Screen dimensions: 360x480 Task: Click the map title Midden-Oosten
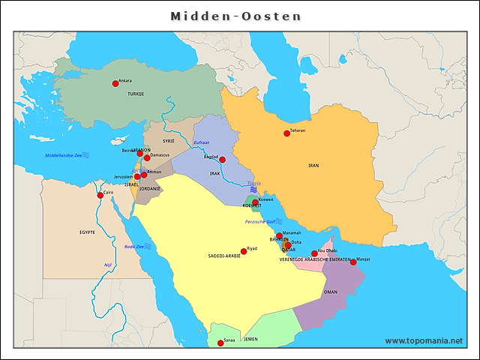pyautogui.click(x=236, y=16)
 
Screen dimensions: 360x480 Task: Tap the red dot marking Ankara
pyautogui.click(x=115, y=83)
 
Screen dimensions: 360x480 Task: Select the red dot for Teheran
pyautogui.click(x=286, y=133)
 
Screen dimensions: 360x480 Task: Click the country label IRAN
pyautogui.click(x=314, y=165)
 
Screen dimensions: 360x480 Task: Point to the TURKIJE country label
pyautogui.click(x=135, y=94)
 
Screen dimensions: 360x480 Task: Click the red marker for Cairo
pyautogui.click(x=100, y=195)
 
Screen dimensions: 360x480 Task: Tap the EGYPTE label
pyautogui.click(x=87, y=232)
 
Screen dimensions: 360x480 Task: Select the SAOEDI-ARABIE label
pyautogui.click(x=224, y=256)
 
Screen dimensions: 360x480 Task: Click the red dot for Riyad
pyautogui.click(x=244, y=251)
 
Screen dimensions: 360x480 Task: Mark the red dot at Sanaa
pyautogui.click(x=220, y=343)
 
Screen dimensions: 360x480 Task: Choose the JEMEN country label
pyautogui.click(x=250, y=339)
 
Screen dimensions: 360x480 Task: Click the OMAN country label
pyautogui.click(x=330, y=292)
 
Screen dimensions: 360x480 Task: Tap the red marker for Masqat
pyautogui.click(x=353, y=262)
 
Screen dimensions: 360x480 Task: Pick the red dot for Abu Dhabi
pyautogui.click(x=314, y=253)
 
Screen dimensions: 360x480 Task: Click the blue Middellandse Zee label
pyautogui.click(x=64, y=155)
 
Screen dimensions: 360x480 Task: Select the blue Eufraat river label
pyautogui.click(x=201, y=142)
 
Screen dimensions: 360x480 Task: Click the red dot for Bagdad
pyautogui.click(x=222, y=159)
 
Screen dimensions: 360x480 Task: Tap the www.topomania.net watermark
pyautogui.click(x=424, y=340)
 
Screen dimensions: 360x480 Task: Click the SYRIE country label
pyautogui.click(x=169, y=140)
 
